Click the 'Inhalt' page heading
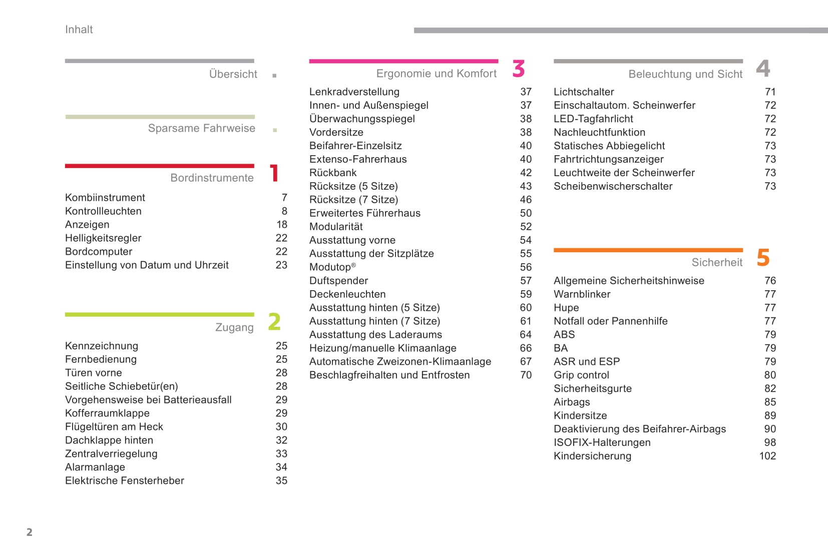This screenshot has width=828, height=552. click(79, 30)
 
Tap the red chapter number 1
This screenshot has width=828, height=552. click(274, 173)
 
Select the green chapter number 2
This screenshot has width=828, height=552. click(274, 322)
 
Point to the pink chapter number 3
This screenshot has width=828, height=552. click(519, 69)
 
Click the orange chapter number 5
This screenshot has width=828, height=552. click(763, 258)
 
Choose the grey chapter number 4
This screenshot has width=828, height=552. click(763, 68)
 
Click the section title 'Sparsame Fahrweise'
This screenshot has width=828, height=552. click(201, 128)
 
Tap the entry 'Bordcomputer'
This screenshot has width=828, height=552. click(99, 251)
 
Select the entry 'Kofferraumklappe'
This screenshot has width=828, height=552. click(107, 413)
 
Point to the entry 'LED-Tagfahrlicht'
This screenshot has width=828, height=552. click(593, 119)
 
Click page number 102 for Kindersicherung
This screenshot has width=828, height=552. click(767, 456)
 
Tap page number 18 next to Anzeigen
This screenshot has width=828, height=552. click(282, 224)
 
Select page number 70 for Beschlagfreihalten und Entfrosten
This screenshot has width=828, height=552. click(526, 375)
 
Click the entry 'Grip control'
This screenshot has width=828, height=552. click(581, 375)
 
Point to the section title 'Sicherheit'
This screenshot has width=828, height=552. click(717, 262)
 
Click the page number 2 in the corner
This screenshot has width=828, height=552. click(30, 532)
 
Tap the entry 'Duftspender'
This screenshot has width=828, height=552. click(338, 280)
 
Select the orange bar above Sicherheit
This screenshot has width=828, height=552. click(648, 250)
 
